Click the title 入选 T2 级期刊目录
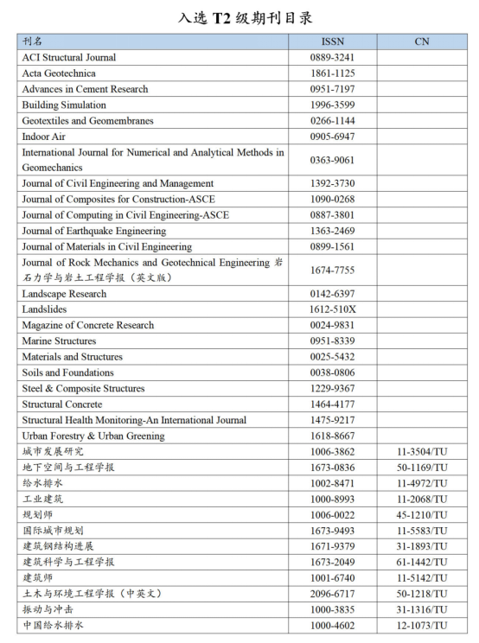tap(239, 16)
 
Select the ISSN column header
tap(332, 41)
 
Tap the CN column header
tap(421, 41)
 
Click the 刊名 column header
tap(32, 41)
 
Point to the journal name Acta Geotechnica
tap(59, 73)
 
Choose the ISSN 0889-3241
tap(332, 58)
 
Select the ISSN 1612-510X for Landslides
tap(332, 309)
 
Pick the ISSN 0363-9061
tap(332, 160)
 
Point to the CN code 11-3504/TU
tap(422, 452)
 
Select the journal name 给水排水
tap(42, 483)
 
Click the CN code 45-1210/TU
tap(422, 515)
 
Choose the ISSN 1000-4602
tap(332, 625)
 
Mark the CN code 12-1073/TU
tap(422, 625)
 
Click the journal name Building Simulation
tap(64, 105)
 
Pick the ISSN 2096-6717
tap(332, 594)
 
